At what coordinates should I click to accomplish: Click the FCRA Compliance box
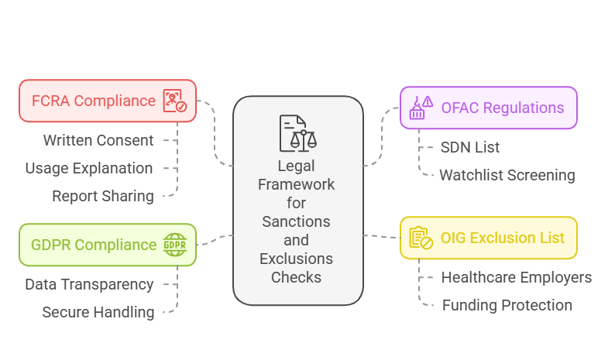coord(107,101)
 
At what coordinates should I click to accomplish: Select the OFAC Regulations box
coord(488,108)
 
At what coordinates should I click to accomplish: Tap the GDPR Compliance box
coord(107,245)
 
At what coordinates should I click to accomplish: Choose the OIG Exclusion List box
coord(488,238)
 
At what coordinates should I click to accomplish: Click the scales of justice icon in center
coord(298,132)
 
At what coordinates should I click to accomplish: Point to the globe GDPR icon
coord(174,245)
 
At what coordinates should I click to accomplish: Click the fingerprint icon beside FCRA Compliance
coord(174,101)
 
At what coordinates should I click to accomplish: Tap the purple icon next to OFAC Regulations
coord(421,108)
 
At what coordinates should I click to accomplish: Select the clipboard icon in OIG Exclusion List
coord(421,238)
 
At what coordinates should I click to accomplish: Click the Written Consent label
coord(98,140)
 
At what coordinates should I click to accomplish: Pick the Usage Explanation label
coord(88,168)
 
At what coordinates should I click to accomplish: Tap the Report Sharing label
coord(103,196)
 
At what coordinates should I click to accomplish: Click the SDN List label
coord(470,147)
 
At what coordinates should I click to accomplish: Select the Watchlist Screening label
coord(507,175)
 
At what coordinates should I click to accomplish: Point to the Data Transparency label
coord(89,284)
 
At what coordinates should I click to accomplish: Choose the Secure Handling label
coord(98,312)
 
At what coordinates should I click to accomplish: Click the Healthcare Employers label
coord(516,277)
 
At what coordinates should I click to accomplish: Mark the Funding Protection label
coord(507,305)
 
